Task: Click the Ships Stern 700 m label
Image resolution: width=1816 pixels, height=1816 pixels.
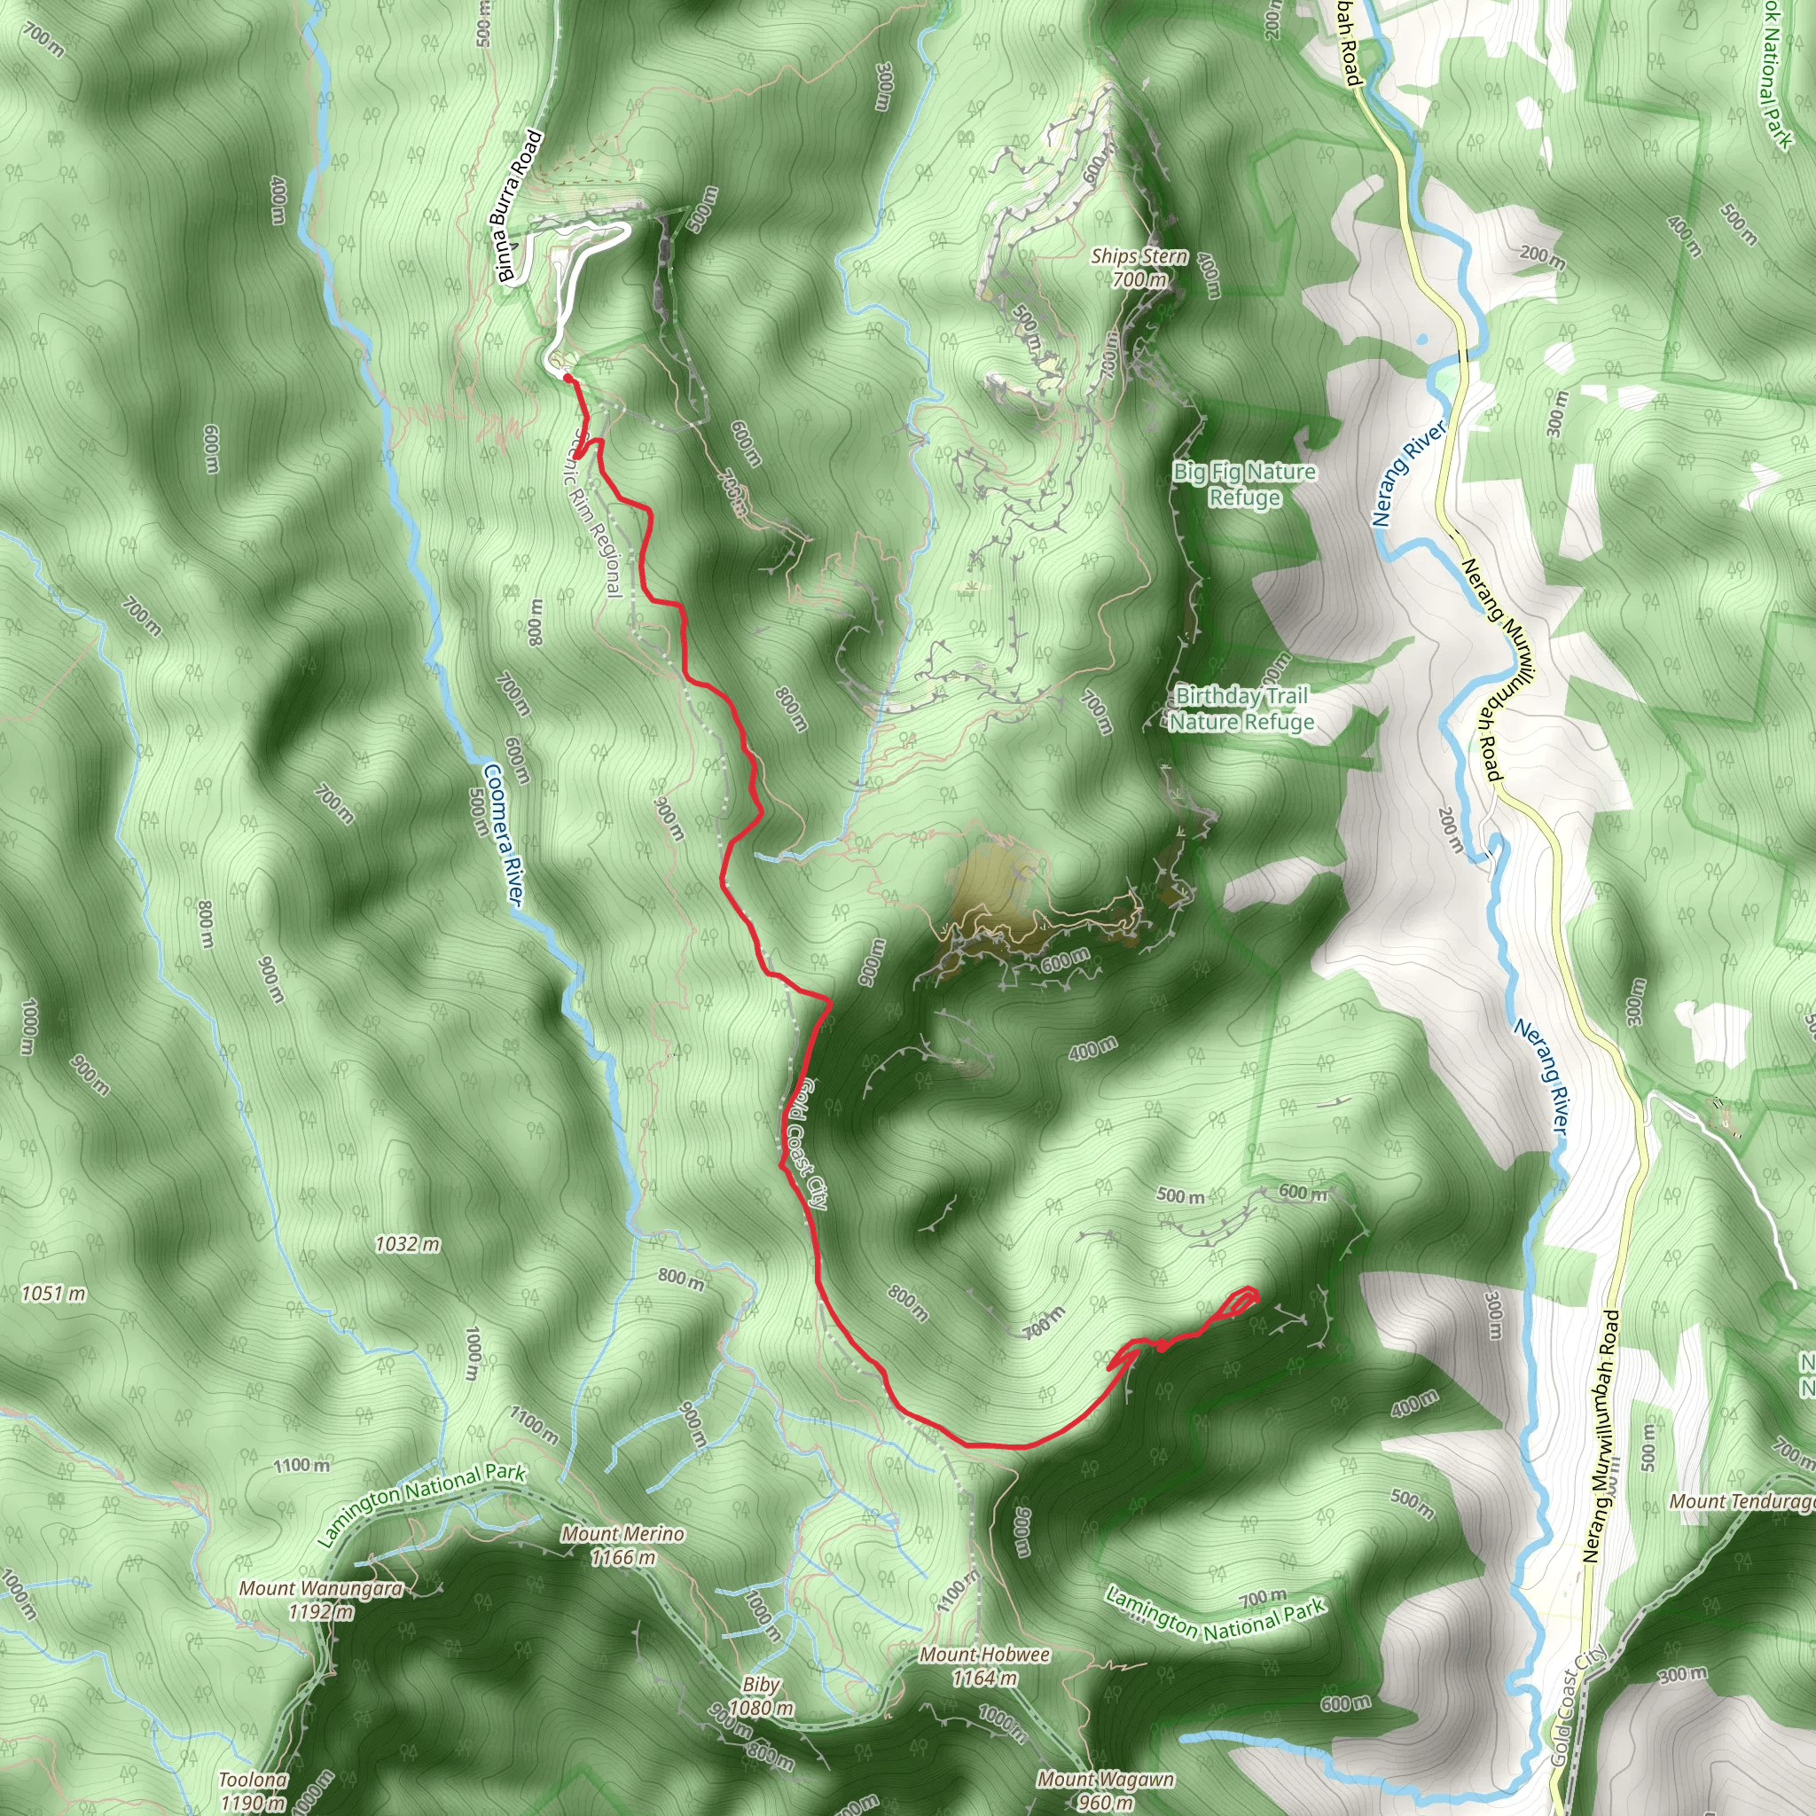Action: [x=1139, y=268]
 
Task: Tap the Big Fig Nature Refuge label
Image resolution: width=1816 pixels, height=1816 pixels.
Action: [x=1243, y=484]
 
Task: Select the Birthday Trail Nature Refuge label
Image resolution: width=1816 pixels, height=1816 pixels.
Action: [x=1241, y=708]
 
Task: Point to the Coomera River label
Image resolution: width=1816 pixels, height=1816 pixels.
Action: [x=503, y=834]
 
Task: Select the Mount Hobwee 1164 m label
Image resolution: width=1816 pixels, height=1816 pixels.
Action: [x=984, y=1665]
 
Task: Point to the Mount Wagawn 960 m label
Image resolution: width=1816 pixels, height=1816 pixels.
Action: [x=1106, y=1789]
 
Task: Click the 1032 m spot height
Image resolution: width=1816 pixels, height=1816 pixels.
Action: [x=407, y=1244]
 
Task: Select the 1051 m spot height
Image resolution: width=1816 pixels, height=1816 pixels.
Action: [x=53, y=1295]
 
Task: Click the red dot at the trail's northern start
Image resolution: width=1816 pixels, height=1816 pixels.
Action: [x=567, y=378]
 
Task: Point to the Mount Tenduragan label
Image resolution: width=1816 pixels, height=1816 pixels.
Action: [x=1742, y=1502]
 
